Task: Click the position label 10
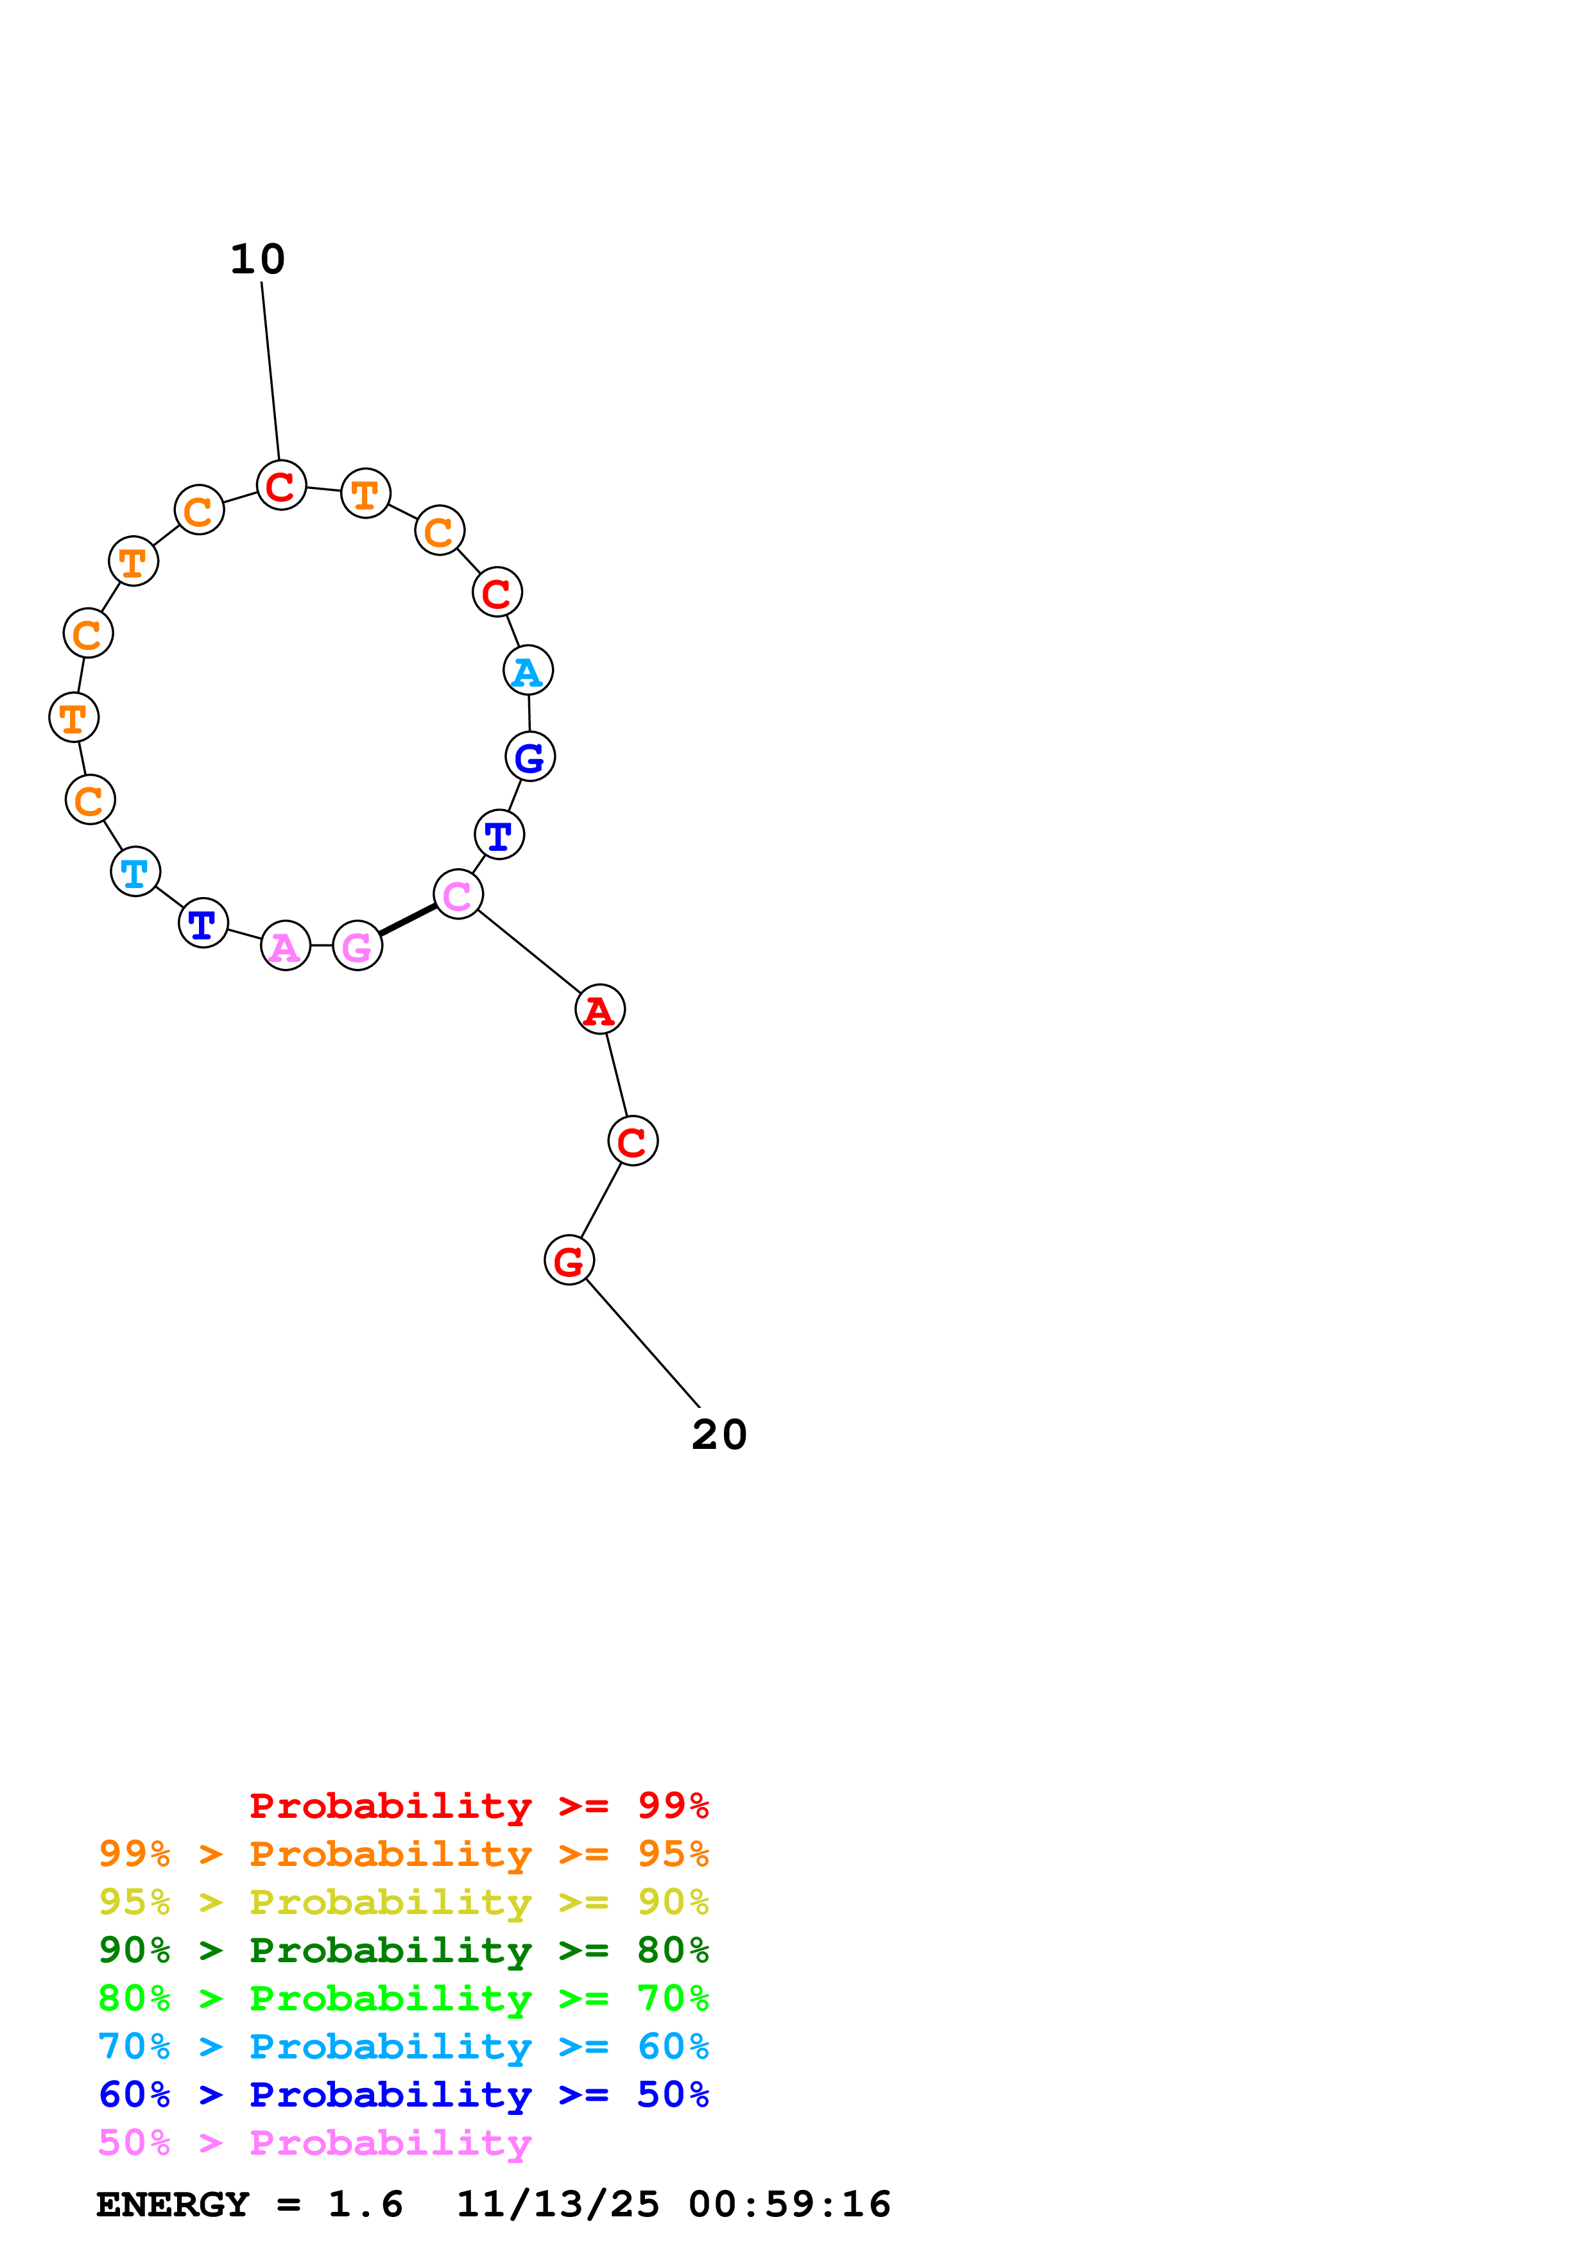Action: coord(258,260)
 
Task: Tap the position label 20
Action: coord(719,1435)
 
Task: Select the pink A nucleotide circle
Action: coord(285,946)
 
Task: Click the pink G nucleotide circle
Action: coord(358,946)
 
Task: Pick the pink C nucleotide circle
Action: coord(458,894)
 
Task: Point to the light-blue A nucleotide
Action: coord(528,671)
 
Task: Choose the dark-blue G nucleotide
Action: coord(530,757)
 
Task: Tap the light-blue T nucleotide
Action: coord(135,871)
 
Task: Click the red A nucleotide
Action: coord(600,1010)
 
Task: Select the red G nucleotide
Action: coord(569,1261)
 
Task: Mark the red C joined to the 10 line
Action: coord(281,485)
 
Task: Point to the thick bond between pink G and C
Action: coord(408,920)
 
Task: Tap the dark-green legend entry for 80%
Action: coord(403,1950)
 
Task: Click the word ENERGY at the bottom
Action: coord(173,2204)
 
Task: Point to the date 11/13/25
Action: coord(558,2204)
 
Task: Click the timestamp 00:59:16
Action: coord(789,2204)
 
